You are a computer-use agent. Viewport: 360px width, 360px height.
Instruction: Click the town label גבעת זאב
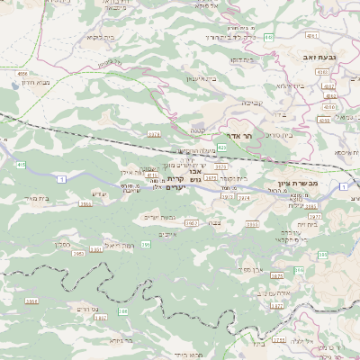point(319,57)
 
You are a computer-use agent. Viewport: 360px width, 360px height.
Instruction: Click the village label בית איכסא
point(346,152)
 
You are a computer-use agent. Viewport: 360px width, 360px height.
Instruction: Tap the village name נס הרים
point(107,308)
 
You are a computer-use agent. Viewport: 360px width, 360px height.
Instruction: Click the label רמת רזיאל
point(118,245)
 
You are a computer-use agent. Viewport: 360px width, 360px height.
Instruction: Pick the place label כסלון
point(62,244)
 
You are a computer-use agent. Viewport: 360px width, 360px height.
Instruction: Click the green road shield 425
point(220,134)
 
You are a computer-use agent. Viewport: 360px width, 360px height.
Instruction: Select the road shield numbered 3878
point(153,132)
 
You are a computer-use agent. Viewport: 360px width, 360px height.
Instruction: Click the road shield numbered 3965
point(190,221)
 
